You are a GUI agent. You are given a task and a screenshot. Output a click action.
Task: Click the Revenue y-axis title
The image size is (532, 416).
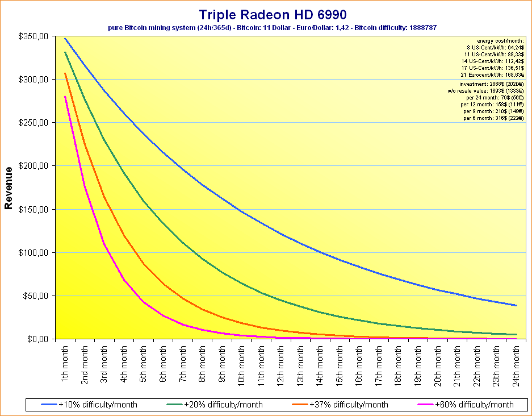pos(9,188)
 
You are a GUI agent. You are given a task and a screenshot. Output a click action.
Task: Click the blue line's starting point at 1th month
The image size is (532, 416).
pos(65,39)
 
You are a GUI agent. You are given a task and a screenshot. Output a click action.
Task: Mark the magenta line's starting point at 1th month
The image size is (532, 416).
pos(65,97)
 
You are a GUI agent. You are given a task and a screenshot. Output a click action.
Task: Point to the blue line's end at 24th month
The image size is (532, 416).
pos(516,306)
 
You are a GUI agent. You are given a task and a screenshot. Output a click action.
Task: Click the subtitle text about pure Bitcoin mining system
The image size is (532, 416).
pos(272,27)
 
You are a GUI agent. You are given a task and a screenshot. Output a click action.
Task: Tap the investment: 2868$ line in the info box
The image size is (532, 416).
pos(492,84)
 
